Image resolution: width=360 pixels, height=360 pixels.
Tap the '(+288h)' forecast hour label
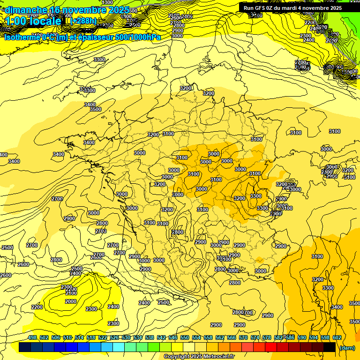84,21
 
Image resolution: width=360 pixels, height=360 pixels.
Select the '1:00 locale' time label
34,21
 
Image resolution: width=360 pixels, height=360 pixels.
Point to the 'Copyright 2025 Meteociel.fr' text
199,356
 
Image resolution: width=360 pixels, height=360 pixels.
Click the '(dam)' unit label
347,347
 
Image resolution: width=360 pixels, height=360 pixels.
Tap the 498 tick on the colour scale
32,337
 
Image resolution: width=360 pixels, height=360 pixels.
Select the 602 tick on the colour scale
337,337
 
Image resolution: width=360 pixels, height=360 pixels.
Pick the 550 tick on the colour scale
185,337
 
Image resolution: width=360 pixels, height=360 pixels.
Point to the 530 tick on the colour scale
126,337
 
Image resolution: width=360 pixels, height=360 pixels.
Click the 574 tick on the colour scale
255,337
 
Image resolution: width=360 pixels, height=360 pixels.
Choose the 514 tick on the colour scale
79,337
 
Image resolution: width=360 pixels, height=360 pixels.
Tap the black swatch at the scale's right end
330,347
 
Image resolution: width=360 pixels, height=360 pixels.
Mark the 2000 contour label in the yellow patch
71,301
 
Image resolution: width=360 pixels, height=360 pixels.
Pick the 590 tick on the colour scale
302,337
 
